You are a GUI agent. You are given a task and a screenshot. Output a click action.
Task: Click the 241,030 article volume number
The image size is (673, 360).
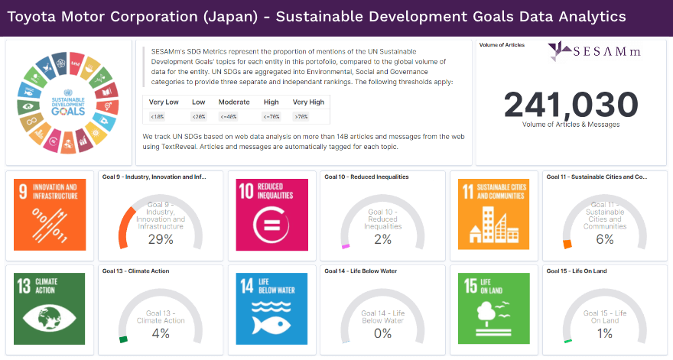[x=571, y=104]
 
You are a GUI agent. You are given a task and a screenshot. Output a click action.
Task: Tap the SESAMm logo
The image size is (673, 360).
[x=590, y=51]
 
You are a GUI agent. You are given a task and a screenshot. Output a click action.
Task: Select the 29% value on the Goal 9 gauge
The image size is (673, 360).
[x=161, y=239]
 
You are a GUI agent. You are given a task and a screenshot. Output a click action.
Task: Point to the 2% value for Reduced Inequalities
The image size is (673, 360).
[x=382, y=239]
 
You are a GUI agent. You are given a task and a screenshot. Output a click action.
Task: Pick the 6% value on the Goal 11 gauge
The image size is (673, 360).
[x=605, y=239]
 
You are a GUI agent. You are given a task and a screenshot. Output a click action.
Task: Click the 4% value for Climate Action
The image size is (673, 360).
[x=161, y=332]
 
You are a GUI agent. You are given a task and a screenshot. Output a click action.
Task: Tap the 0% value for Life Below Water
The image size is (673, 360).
[x=382, y=332]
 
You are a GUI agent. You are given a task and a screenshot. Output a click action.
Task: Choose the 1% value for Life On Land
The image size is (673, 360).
[x=605, y=332]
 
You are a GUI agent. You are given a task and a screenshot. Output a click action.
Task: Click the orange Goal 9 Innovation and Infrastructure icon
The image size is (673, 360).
[x=50, y=215]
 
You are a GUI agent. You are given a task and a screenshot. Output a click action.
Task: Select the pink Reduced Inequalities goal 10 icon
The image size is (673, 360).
[x=272, y=215]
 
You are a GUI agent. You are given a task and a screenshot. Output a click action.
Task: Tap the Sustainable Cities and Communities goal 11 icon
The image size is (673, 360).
[x=494, y=215]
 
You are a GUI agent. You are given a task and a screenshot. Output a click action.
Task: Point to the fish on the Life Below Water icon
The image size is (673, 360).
[x=272, y=323]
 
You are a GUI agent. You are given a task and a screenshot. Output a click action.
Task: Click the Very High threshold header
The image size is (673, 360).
[x=308, y=102]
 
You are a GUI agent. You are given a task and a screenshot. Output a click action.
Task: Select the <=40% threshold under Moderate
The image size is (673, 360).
[x=233, y=116]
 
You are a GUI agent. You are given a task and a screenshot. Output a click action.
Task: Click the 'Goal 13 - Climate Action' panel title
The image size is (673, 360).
[x=135, y=271]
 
